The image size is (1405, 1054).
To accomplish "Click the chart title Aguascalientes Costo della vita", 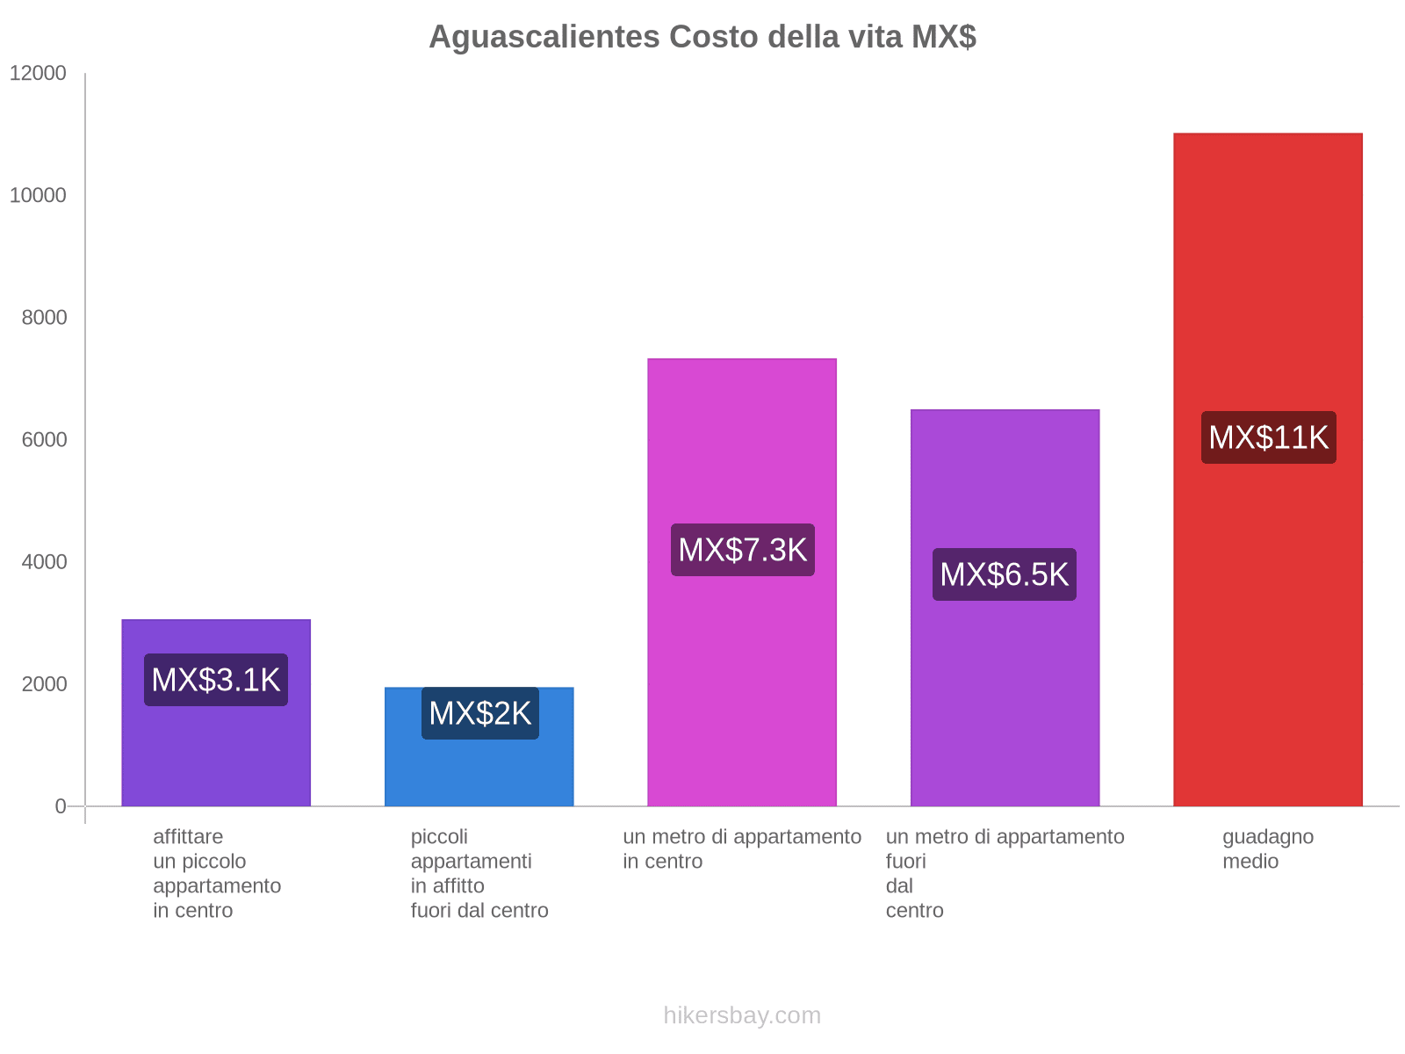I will point(702,37).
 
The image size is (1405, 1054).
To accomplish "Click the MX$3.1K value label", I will point(216,680).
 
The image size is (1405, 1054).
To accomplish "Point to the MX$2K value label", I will point(479,713).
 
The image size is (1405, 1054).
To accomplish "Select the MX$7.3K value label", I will point(742,550).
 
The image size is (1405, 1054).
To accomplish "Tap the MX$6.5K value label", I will point(1004,574).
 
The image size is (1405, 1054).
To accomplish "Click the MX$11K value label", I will point(1268,437).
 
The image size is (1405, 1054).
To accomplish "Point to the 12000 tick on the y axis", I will point(39,73).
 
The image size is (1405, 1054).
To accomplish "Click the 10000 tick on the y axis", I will point(39,195).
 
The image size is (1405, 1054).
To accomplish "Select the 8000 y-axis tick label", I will point(44,317).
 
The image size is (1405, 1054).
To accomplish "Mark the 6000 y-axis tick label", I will point(44,439).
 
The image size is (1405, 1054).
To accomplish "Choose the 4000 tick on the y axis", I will point(44,561).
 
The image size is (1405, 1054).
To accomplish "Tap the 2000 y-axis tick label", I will point(44,683).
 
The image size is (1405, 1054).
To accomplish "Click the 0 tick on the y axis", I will point(61,805).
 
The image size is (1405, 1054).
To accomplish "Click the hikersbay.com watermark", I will point(742,1015).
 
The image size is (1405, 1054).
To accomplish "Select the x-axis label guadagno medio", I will point(1267,848).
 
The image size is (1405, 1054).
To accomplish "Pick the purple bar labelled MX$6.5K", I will point(1005,703).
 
